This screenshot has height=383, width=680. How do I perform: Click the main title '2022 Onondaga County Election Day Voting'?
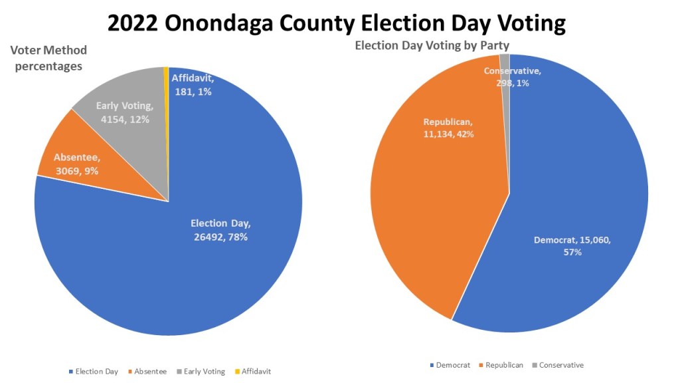coord(336,23)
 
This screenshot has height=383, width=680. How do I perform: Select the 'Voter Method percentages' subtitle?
coord(48,59)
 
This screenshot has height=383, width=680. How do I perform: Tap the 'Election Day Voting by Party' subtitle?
coord(432,46)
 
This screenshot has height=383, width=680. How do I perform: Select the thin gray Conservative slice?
coord(505,100)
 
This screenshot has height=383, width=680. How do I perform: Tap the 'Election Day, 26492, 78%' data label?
coord(220,230)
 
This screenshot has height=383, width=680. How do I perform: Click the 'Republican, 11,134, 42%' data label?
coord(449,128)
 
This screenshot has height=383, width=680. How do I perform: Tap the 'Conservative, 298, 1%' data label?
coord(512,77)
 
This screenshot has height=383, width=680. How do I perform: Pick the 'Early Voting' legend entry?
coord(202,372)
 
